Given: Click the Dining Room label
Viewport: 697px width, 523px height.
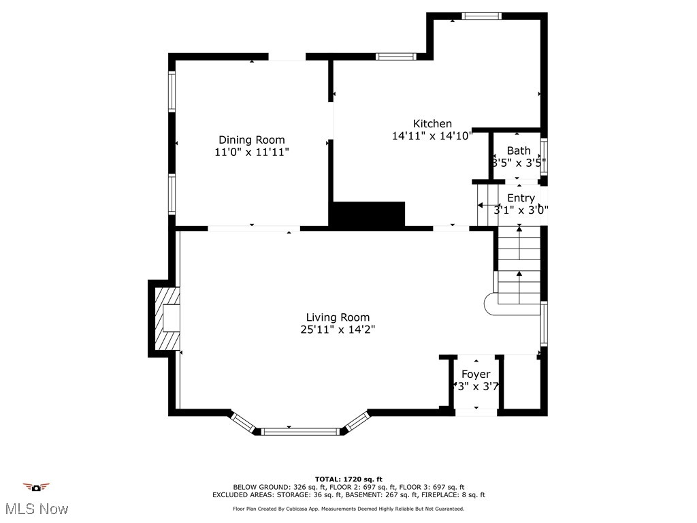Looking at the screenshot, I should tap(252, 140).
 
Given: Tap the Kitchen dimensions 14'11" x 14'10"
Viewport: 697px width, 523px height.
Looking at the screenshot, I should tap(432, 136).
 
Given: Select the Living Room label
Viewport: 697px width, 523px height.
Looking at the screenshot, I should tap(338, 317).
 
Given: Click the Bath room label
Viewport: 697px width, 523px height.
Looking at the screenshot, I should tap(519, 150).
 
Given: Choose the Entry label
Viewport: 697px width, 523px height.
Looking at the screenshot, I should tap(521, 198).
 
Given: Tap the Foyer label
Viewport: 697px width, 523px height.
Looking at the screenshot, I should tap(476, 375).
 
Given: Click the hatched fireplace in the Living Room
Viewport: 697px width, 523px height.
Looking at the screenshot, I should tap(168, 318).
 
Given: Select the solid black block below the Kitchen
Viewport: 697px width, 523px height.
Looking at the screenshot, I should tap(368, 214).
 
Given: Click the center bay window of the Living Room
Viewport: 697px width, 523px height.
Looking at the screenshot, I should tap(300, 430).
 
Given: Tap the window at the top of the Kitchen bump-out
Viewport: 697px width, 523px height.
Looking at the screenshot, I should tap(482, 16).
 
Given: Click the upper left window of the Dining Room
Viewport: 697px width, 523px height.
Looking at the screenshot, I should tap(172, 91).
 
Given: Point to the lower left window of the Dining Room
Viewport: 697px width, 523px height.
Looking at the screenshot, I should tap(172, 194).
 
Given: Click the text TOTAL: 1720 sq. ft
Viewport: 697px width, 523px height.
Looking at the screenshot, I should tap(348, 479).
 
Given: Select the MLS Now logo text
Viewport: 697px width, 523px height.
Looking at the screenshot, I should tap(36, 509).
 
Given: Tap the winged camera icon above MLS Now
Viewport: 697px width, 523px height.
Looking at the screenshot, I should tap(36, 487).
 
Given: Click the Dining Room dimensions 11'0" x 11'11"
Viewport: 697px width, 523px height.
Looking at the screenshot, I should tap(252, 153).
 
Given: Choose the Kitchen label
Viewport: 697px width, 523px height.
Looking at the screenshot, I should tap(432, 123).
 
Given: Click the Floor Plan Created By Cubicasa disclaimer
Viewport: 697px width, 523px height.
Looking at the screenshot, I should tap(348, 509).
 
